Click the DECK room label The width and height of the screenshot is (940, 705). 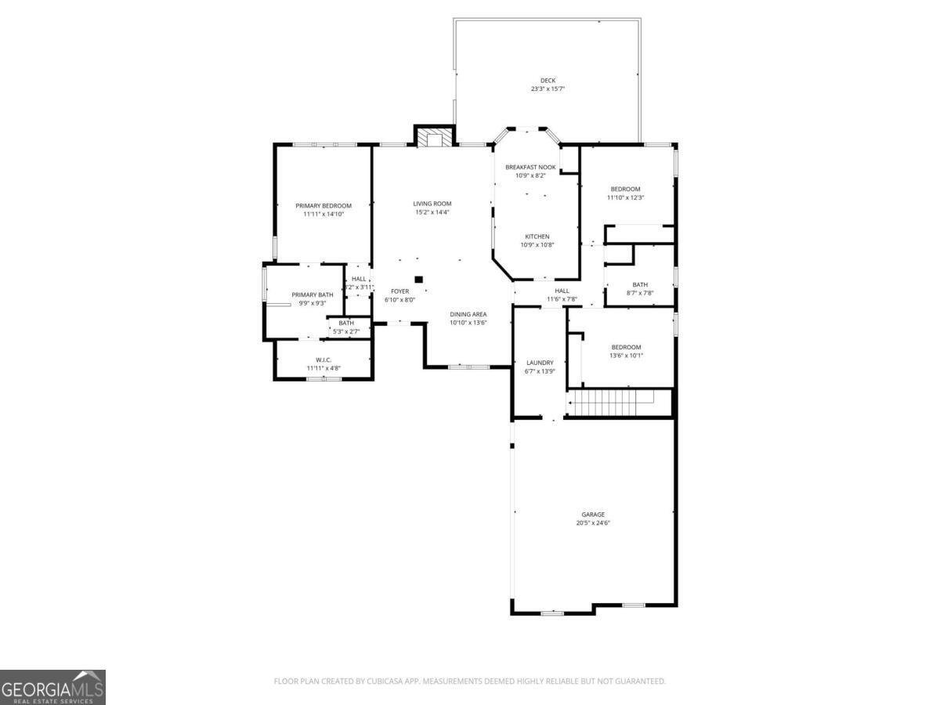tap(548, 80)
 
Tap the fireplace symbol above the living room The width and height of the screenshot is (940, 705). tap(433, 138)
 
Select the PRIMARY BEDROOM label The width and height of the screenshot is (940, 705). tap(324, 205)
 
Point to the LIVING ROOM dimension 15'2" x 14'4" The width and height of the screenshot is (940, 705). tap(432, 212)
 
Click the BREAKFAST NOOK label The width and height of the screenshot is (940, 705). tap(530, 167)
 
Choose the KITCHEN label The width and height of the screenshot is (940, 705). tap(537, 237)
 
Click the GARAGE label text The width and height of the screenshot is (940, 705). tap(593, 515)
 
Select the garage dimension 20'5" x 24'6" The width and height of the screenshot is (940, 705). tap(593, 523)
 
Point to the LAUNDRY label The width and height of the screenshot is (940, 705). tap(540, 363)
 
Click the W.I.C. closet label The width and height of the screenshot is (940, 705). tap(324, 360)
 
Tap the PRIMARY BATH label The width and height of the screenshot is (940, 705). tap(313, 295)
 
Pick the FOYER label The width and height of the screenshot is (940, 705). tap(400, 291)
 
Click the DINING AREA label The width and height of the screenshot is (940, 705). tap(468, 314)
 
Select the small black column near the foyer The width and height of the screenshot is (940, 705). tap(418, 279)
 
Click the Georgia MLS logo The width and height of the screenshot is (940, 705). tap(52, 687)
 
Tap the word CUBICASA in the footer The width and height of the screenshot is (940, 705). tap(385, 681)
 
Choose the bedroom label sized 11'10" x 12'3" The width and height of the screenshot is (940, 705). tap(625, 189)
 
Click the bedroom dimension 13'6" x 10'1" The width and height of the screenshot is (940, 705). tap(625, 356)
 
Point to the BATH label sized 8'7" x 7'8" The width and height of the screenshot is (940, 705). tap(640, 284)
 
